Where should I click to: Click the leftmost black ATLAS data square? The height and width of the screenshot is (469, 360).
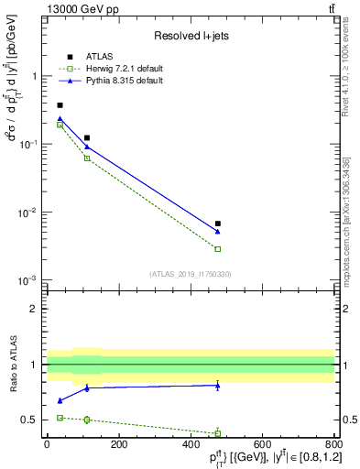[x=60, y=105]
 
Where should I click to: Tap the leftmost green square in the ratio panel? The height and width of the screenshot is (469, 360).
[x=60, y=418]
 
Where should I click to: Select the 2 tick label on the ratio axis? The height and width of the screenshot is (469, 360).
[x=34, y=309]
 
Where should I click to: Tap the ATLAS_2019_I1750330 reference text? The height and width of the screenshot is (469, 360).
[x=190, y=274]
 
